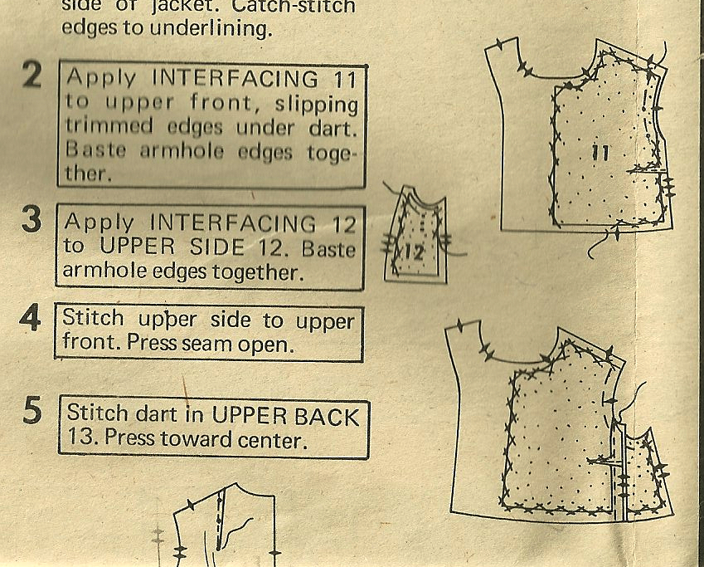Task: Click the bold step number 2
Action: (x=32, y=75)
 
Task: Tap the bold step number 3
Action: (x=32, y=219)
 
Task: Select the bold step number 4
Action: (x=30, y=317)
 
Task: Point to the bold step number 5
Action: (x=32, y=410)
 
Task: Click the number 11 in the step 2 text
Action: (x=345, y=80)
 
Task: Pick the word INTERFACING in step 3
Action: (x=232, y=222)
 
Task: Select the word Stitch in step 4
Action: (x=93, y=317)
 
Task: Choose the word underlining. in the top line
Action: (x=211, y=28)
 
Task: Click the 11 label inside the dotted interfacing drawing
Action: (x=600, y=154)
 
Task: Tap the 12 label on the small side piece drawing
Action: (x=414, y=253)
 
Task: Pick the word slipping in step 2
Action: (x=317, y=105)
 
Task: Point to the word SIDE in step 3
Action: (x=217, y=247)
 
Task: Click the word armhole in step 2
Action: (x=182, y=151)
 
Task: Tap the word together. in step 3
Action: (x=255, y=273)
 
